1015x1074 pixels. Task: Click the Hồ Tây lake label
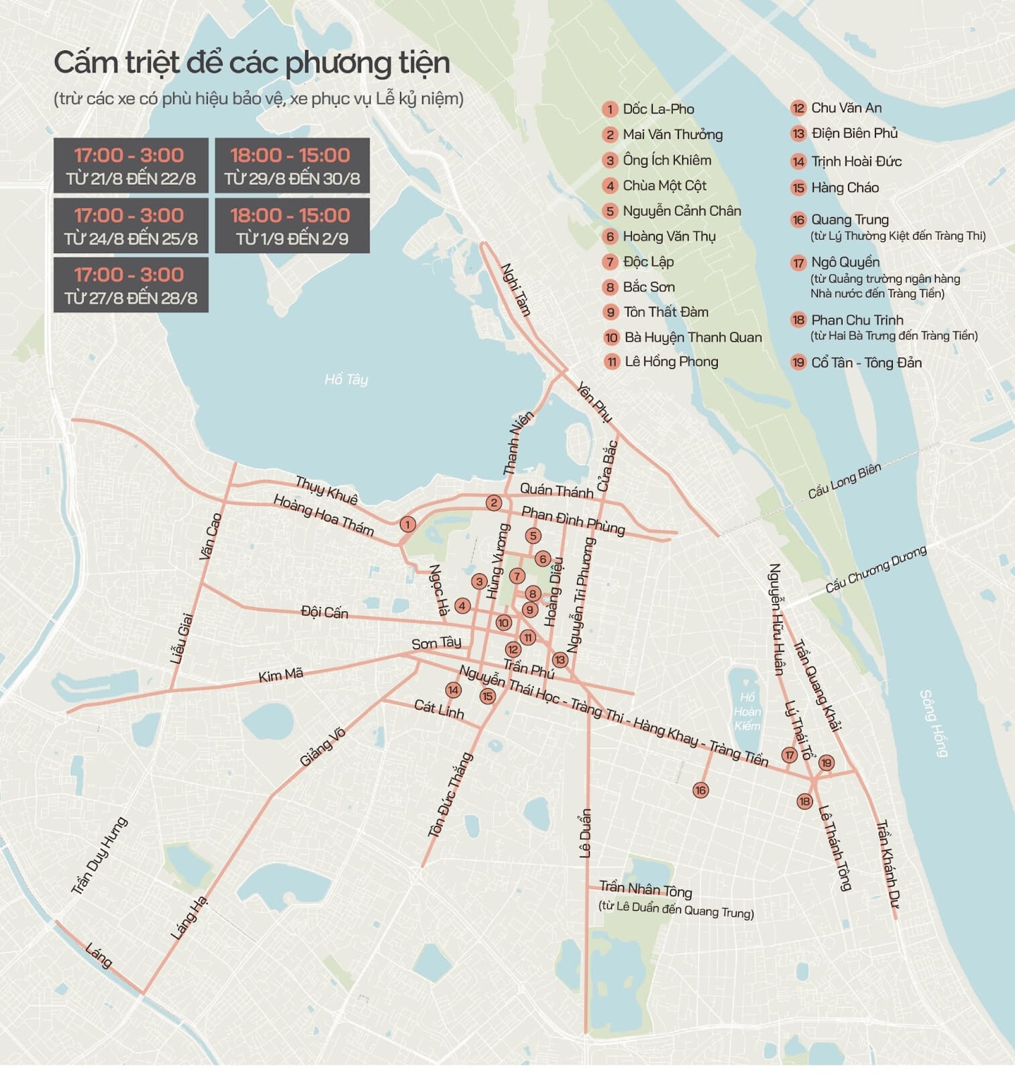click(346, 380)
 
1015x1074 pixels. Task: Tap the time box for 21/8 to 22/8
click(131, 166)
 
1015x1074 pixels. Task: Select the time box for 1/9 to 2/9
click(292, 226)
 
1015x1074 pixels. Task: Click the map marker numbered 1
click(407, 524)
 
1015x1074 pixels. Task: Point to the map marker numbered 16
click(700, 790)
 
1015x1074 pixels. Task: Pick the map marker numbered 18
click(804, 801)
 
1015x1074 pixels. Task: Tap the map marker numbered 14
click(453, 690)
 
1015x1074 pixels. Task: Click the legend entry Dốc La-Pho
click(657, 109)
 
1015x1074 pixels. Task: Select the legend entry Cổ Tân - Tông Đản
click(865, 362)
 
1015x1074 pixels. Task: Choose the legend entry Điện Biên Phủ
click(853, 134)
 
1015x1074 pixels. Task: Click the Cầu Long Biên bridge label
click(844, 481)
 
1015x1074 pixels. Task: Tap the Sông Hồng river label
click(933, 723)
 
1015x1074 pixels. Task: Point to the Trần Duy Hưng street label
click(99, 856)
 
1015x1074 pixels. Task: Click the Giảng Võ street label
click(322, 747)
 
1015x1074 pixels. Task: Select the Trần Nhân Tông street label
click(645, 889)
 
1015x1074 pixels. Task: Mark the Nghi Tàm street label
click(516, 289)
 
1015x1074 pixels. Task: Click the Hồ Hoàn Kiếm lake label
click(747, 712)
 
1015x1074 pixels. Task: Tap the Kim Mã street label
click(280, 675)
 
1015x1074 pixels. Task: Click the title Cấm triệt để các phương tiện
click(252, 62)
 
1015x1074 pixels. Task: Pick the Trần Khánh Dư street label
click(887, 864)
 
